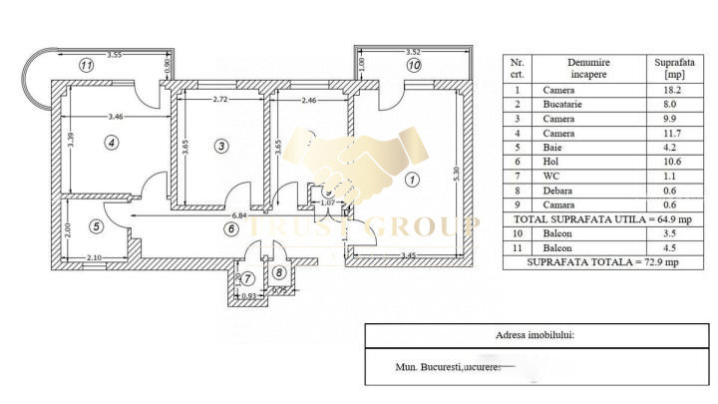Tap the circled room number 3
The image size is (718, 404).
click(221, 146)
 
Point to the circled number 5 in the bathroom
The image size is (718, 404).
click(96, 225)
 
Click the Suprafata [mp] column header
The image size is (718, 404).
click(668, 68)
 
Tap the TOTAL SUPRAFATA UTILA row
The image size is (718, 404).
click(602, 216)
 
